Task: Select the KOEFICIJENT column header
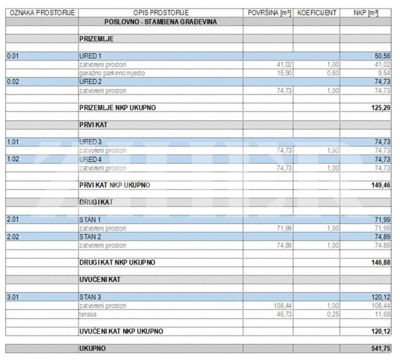[x=316, y=12]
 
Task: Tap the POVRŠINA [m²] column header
[x=268, y=12]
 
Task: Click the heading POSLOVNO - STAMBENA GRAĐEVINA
[x=160, y=21]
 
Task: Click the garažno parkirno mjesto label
[x=112, y=73]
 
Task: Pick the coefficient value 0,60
[x=332, y=73]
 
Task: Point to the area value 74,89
[x=281, y=245]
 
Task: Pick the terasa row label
[x=88, y=314]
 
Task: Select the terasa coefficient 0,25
[x=332, y=314]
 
